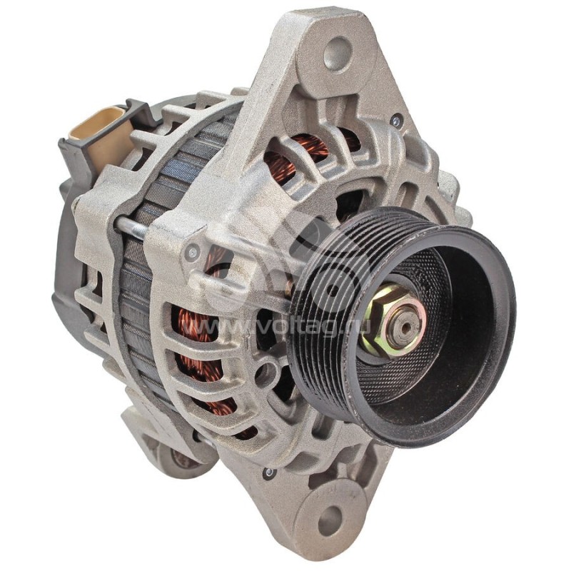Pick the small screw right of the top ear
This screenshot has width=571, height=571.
[x=397, y=121]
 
